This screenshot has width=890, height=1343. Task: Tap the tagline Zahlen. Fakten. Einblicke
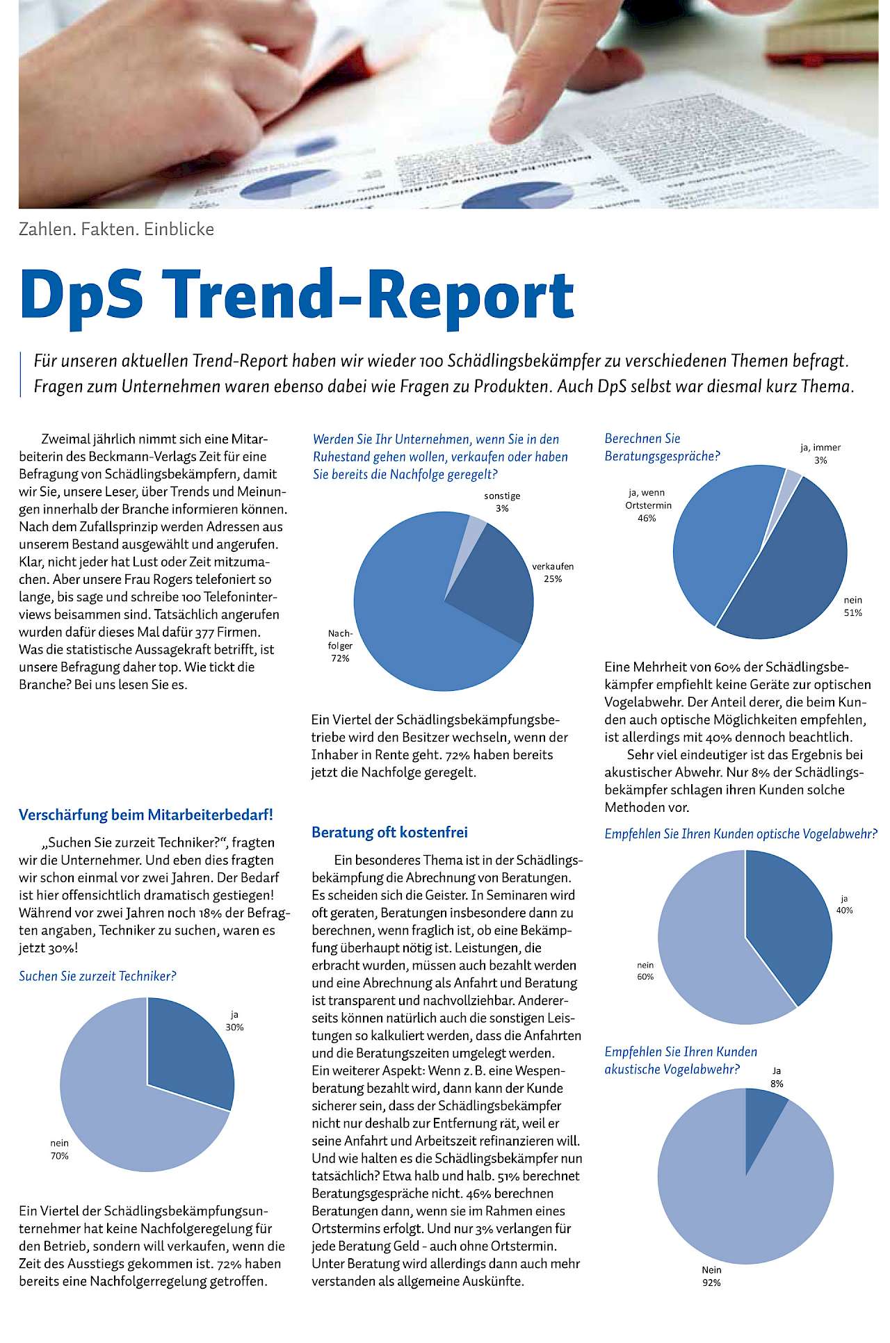(116, 229)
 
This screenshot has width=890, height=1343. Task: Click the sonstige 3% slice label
(502, 502)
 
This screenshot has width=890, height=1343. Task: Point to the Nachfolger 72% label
(340, 646)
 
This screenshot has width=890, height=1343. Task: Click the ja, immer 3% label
(820, 454)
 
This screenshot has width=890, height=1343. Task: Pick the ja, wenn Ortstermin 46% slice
(716, 535)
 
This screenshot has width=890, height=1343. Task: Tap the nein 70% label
(59, 1149)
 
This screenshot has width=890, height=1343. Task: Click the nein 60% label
(645, 970)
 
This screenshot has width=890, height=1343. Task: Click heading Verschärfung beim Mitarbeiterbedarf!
(146, 814)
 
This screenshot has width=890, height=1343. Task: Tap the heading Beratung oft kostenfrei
(389, 831)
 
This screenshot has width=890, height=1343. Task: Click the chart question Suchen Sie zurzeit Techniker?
(97, 976)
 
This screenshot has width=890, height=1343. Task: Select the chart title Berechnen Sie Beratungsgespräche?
(661, 447)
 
